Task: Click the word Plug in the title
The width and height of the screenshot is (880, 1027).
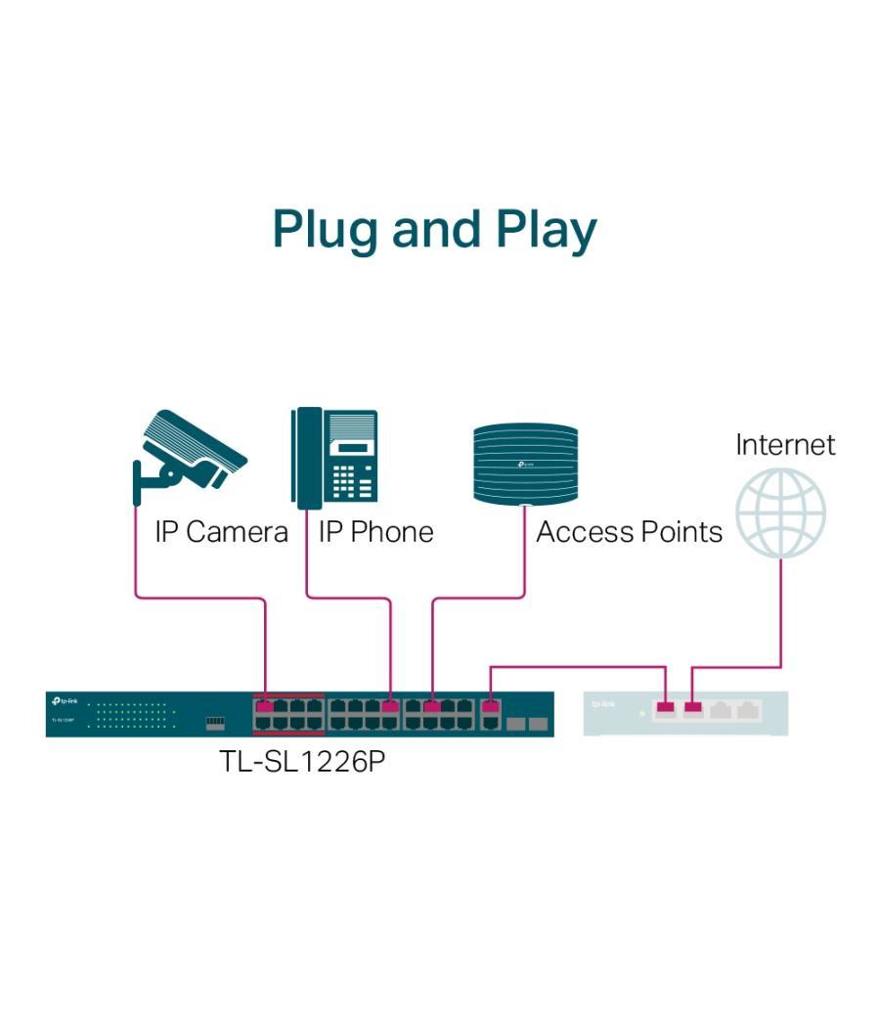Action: click(x=326, y=229)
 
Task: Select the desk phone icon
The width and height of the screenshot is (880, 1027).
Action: click(x=334, y=457)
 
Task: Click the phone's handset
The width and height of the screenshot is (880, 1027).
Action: click(x=307, y=457)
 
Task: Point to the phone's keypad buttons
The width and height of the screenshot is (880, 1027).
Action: click(x=353, y=479)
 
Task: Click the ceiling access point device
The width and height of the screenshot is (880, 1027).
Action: click(x=525, y=463)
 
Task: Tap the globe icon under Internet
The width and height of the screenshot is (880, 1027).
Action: click(x=780, y=513)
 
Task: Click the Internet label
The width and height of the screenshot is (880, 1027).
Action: click(x=785, y=444)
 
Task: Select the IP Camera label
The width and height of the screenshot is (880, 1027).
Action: click(x=221, y=532)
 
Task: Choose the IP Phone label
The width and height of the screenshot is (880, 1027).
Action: click(x=375, y=532)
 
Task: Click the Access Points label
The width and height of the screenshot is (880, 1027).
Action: click(x=629, y=532)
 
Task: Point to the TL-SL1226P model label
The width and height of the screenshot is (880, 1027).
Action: click(x=302, y=761)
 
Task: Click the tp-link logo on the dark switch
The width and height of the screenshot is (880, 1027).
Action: click(x=64, y=701)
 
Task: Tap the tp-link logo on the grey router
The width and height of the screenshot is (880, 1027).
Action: click(x=603, y=703)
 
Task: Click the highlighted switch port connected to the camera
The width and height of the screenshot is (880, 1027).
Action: click(x=264, y=705)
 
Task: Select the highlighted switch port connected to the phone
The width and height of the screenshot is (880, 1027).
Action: click(x=390, y=705)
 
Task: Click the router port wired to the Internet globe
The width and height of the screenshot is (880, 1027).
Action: click(x=692, y=707)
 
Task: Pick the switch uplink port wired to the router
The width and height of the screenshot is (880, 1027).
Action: click(x=491, y=705)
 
